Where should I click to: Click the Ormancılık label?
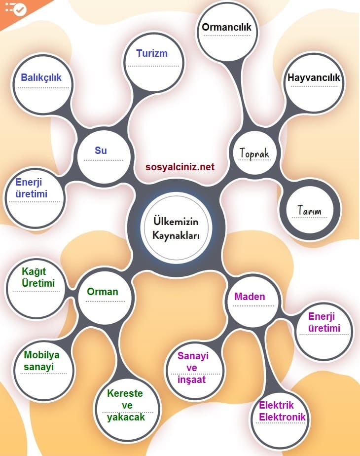pyautogui.click(x=226, y=27)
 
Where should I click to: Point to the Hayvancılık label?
pyautogui.click(x=314, y=77)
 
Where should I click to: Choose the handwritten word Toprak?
pyautogui.click(x=254, y=153)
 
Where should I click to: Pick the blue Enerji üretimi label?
pyautogui.click(x=32, y=188)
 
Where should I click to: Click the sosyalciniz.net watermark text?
pyautogui.click(x=180, y=167)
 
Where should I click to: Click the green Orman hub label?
pyautogui.click(x=103, y=292)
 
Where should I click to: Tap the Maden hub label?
pyautogui.click(x=250, y=297)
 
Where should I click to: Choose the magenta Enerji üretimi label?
pyautogui.click(x=324, y=322)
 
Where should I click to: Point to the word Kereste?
pyautogui.click(x=125, y=393)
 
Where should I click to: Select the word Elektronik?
pyautogui.click(x=282, y=417)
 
